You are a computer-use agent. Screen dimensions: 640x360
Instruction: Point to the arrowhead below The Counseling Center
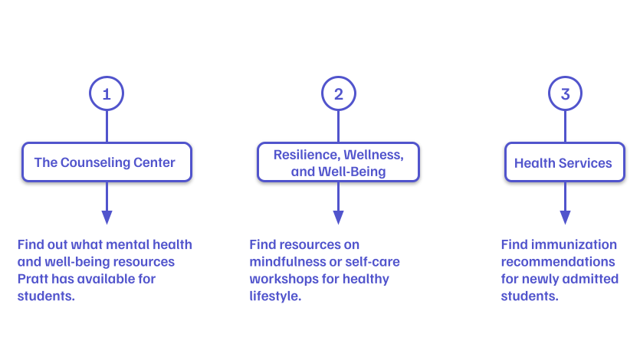click(x=107, y=218)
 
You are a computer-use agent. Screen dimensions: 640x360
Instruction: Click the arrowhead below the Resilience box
click(x=338, y=218)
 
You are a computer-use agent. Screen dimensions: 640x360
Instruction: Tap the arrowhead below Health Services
click(x=566, y=218)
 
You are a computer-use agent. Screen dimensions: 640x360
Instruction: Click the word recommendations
click(x=558, y=262)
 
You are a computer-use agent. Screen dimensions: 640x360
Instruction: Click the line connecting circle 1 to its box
click(x=107, y=126)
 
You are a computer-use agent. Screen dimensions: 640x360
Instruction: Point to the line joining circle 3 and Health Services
click(x=566, y=126)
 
